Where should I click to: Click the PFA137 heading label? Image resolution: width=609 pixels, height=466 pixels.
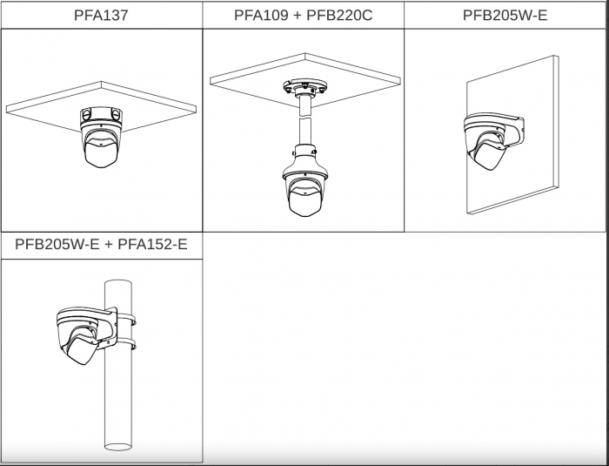pyautogui.click(x=101, y=15)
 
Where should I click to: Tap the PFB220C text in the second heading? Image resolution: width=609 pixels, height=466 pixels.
pyautogui.click(x=339, y=15)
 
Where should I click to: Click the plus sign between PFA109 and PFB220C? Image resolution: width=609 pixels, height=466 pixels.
pyautogui.click(x=296, y=16)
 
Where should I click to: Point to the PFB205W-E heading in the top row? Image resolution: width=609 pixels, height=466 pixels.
pyautogui.click(x=505, y=15)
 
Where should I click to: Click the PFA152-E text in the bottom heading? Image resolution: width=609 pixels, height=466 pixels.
pyautogui.click(x=152, y=244)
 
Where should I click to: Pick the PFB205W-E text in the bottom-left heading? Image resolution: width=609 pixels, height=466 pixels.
pyautogui.click(x=57, y=244)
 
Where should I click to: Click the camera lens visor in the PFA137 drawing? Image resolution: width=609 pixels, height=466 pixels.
pyautogui.click(x=101, y=153)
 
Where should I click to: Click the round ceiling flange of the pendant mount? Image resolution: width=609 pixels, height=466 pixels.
pyautogui.click(x=304, y=86)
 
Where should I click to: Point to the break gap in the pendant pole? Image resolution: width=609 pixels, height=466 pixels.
pyautogui.click(x=304, y=117)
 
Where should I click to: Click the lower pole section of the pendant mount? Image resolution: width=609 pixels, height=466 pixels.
pyautogui.click(x=304, y=132)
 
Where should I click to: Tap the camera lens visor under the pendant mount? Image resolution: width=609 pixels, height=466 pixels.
pyautogui.click(x=304, y=201)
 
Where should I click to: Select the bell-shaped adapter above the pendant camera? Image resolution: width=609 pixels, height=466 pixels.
pyautogui.click(x=304, y=160)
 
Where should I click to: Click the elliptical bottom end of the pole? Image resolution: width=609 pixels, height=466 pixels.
pyautogui.click(x=118, y=447)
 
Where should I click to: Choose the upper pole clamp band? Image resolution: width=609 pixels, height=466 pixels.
pyautogui.click(x=126, y=319)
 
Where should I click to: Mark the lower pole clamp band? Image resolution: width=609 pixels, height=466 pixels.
pyautogui.click(x=126, y=343)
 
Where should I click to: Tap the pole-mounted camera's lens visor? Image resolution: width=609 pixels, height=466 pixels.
pyautogui.click(x=82, y=349)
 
